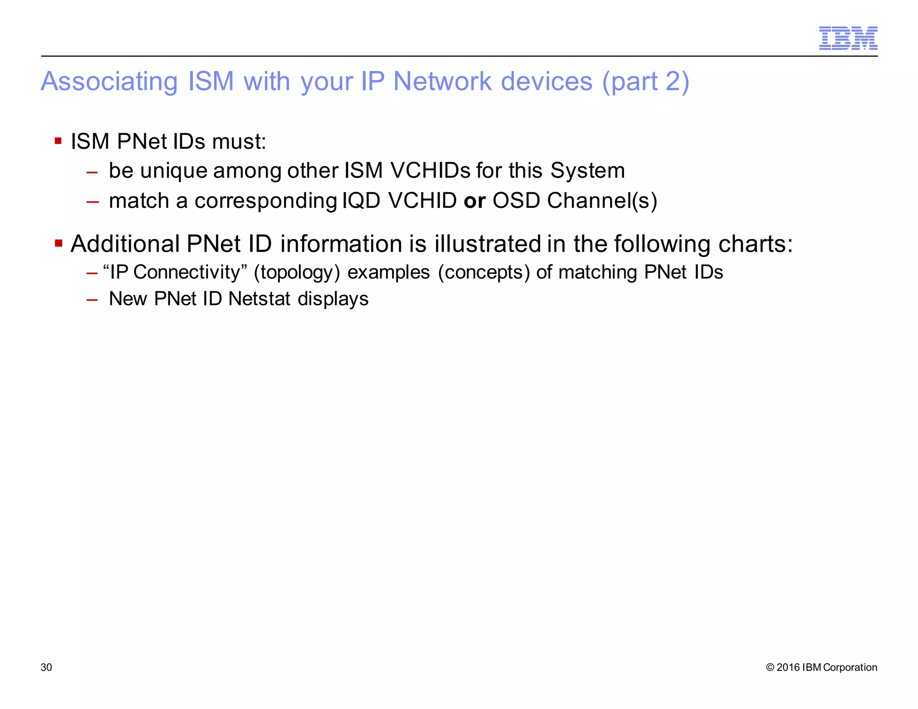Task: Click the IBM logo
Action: [848, 38]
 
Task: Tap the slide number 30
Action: [46, 667]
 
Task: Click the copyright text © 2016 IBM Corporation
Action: [822, 667]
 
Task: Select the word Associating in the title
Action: [109, 82]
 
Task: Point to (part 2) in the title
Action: [645, 82]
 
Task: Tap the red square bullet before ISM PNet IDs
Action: [58, 141]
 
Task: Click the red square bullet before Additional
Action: [58, 243]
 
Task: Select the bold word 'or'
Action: [475, 201]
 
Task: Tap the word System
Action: [587, 171]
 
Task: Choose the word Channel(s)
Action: [602, 201]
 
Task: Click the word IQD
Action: [361, 201]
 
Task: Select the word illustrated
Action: [488, 244]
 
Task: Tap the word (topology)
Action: [297, 272]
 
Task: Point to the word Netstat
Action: [260, 299]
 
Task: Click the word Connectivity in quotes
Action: [187, 272]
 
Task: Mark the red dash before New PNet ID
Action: [92, 299]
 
